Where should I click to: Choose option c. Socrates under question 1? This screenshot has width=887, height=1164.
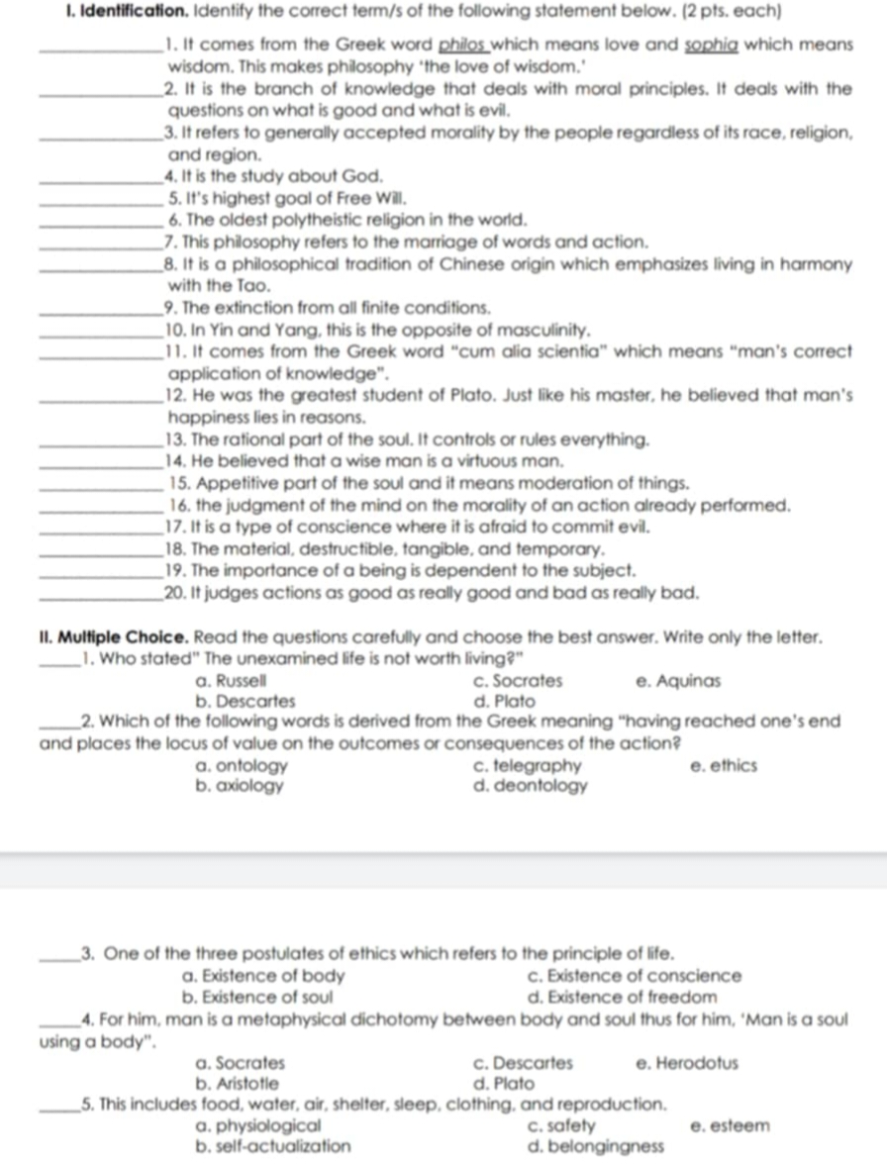coord(518,681)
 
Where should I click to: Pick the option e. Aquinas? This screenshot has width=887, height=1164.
coord(678,681)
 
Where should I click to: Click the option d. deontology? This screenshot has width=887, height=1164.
coord(531,787)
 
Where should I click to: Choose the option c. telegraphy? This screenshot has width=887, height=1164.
coord(528,766)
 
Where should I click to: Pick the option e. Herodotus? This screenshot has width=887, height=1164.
coord(685,1063)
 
